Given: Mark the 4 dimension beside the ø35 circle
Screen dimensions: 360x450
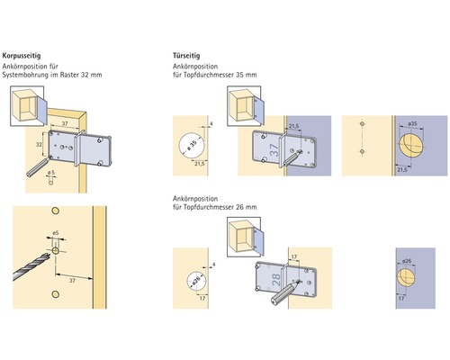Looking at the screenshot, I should tap(210, 121).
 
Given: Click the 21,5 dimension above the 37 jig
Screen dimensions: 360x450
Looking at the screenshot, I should tap(294, 126).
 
